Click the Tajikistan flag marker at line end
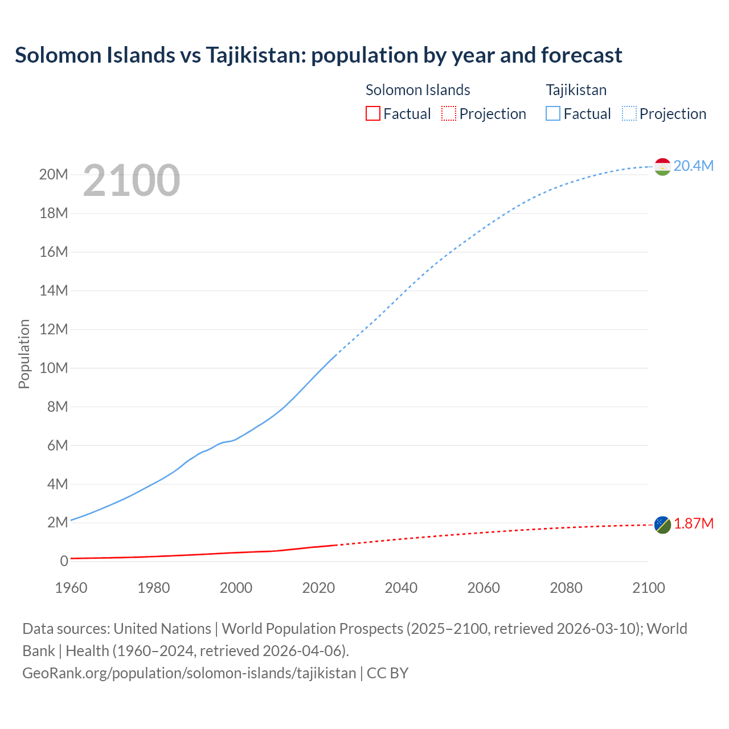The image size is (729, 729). pos(662,167)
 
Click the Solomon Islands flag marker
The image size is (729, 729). pos(662,525)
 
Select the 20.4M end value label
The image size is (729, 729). pos(693,166)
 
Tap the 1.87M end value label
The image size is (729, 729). pos(693,523)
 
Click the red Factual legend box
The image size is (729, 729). pos(372,113)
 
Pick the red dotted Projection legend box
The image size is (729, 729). pos(449,113)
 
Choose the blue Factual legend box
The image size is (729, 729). pos(553,113)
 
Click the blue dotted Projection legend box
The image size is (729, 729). pos(629,113)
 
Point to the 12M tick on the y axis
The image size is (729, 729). pos(54,329)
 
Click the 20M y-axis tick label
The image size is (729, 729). pos(54,174)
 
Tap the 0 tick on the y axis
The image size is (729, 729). pos(64,562)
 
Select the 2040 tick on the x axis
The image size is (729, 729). pos(401,588)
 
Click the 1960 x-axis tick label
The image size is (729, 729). pos(71,588)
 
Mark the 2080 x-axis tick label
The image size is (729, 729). pos(566,588)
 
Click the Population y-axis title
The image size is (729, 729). pos(24,354)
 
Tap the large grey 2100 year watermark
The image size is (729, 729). pos(132,181)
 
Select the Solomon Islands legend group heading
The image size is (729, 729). pos(417,90)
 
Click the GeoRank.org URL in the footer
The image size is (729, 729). pos(189,673)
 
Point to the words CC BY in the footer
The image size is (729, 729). pos(387,673)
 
